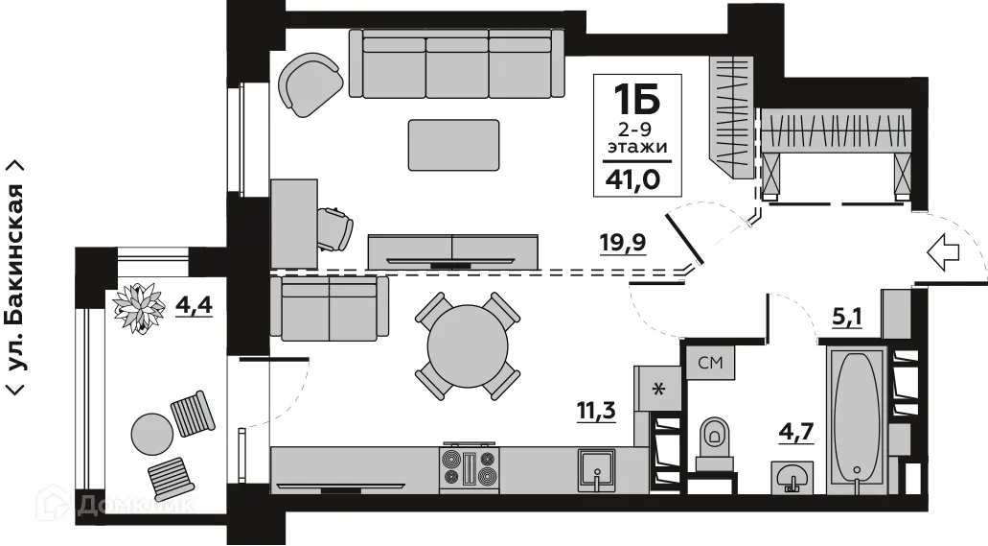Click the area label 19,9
(x=623, y=241)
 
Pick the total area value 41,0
(x=631, y=178)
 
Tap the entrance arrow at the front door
(x=945, y=253)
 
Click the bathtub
(x=856, y=419)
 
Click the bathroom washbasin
(x=793, y=476)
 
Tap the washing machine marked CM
(x=709, y=364)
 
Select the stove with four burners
(x=470, y=470)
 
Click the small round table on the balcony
(x=151, y=434)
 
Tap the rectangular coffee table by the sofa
(x=453, y=145)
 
